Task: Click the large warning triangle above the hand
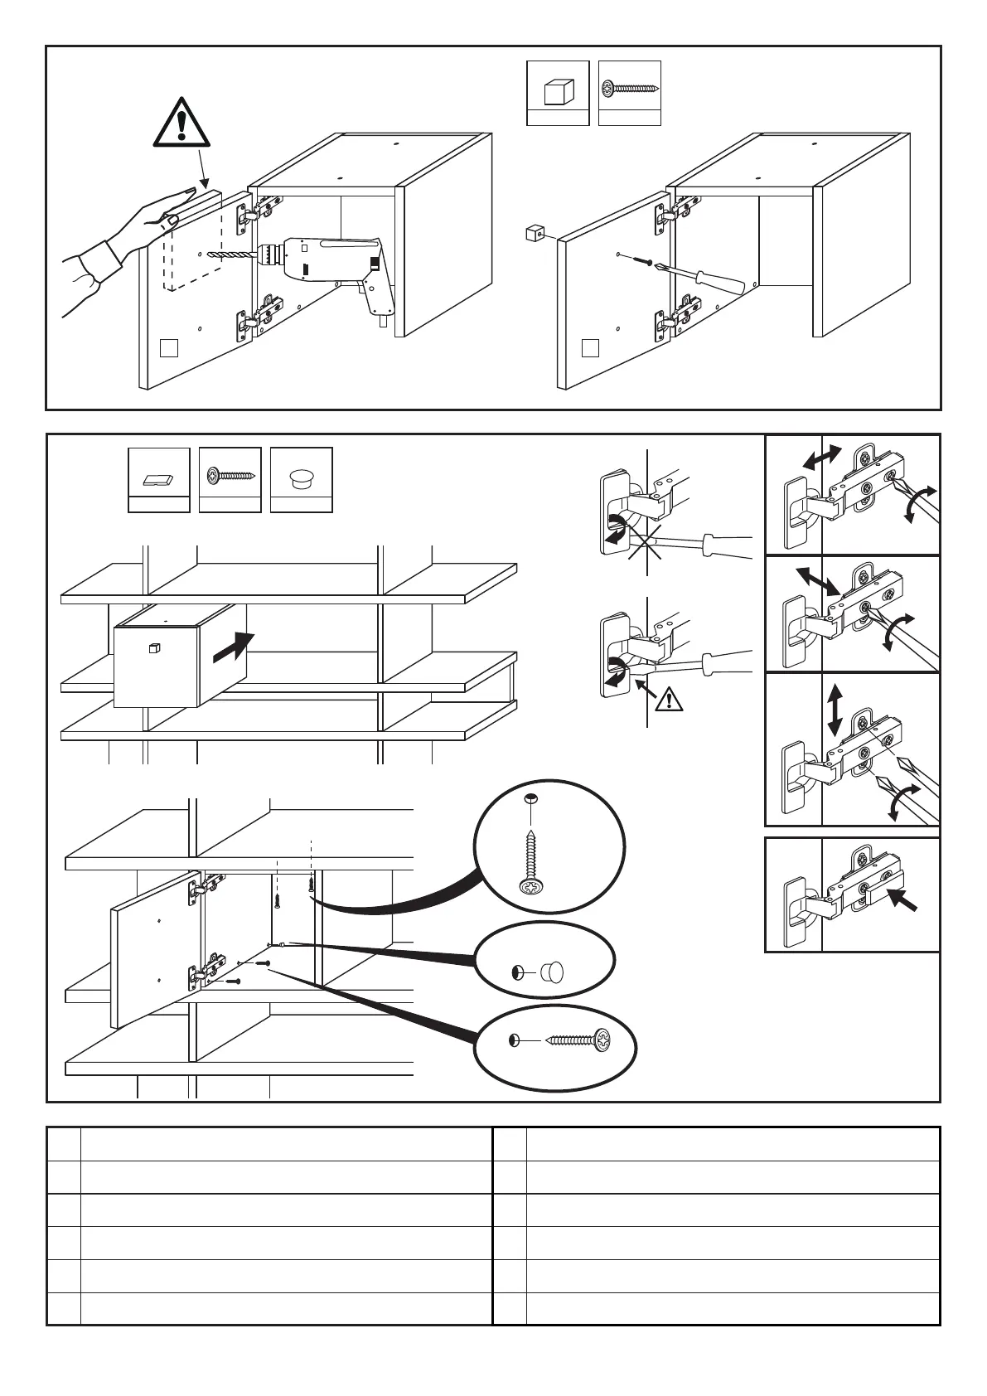click(181, 124)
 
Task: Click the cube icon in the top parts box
click(558, 91)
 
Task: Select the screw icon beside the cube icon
click(630, 86)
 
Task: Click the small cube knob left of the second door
click(533, 234)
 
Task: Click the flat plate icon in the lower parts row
click(158, 479)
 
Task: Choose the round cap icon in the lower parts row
click(301, 479)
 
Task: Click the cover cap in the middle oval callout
click(552, 971)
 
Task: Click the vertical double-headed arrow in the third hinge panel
click(835, 709)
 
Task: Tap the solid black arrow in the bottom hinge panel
click(905, 899)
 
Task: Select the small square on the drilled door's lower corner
click(169, 347)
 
